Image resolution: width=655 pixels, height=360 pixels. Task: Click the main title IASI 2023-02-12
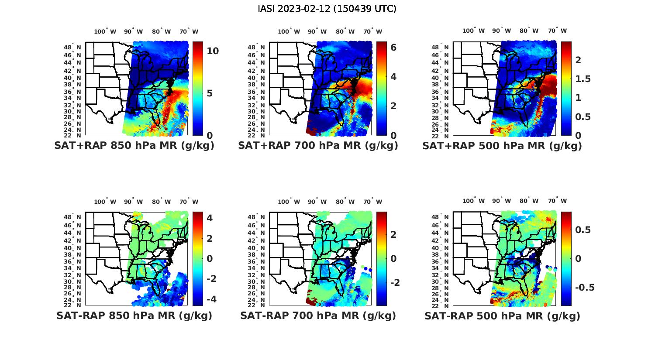pyautogui.click(x=327, y=9)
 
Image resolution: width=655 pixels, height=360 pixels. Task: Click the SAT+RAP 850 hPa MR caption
pyautogui.click(x=134, y=146)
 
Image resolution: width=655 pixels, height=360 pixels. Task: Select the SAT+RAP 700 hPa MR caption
pyautogui.click(x=318, y=146)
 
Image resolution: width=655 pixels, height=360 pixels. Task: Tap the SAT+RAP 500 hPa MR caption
pyautogui.click(x=502, y=146)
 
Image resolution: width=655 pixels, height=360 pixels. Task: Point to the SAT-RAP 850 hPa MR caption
pyautogui.click(x=134, y=315)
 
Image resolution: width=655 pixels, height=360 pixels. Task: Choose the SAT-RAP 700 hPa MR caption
pyautogui.click(x=318, y=315)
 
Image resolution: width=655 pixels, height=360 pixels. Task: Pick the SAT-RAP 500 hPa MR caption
pyautogui.click(x=502, y=315)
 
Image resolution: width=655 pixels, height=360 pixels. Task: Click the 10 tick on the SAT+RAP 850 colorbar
pyautogui.click(x=213, y=51)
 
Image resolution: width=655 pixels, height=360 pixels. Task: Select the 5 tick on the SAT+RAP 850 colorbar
pyautogui.click(x=210, y=93)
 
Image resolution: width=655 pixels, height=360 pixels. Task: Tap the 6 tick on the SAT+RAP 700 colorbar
pyautogui.click(x=393, y=47)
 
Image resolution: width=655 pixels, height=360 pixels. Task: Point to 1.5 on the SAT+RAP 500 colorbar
pyautogui.click(x=583, y=79)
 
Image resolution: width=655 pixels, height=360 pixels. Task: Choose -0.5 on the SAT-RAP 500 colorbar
pyautogui.click(x=585, y=288)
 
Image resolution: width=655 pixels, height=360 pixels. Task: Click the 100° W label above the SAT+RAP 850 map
pyautogui.click(x=105, y=31)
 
